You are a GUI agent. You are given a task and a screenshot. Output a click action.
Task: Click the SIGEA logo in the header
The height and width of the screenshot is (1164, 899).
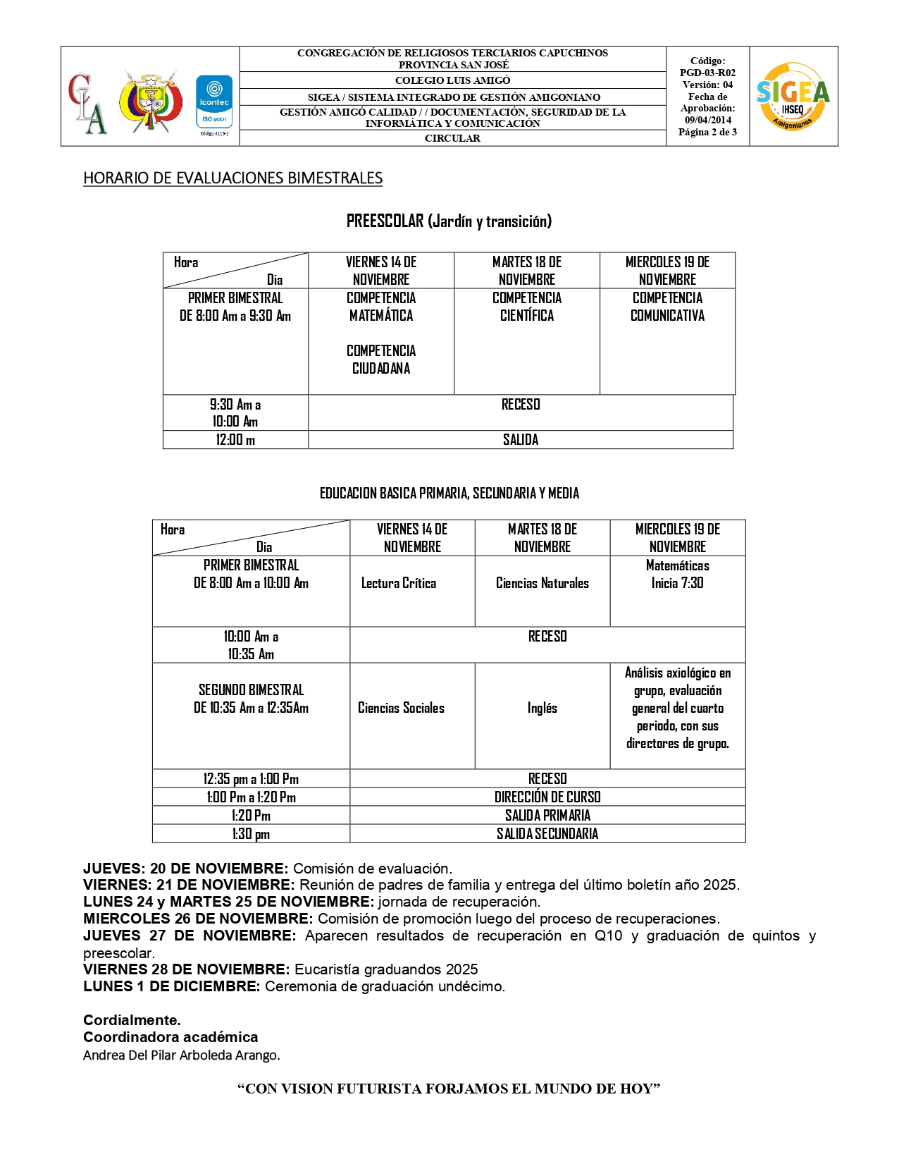coord(793,97)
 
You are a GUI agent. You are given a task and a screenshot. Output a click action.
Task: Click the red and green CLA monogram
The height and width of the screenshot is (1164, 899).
coord(87,103)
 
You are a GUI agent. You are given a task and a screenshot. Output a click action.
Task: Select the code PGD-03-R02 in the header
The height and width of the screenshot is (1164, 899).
coord(707,73)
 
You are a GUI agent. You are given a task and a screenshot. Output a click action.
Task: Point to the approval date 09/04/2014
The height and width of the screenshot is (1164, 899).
coord(707,120)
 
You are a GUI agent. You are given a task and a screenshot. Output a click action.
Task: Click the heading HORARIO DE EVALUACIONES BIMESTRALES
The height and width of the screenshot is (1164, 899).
coord(232,178)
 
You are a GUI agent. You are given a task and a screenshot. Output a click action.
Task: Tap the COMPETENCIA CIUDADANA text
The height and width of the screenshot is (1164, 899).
coord(381,360)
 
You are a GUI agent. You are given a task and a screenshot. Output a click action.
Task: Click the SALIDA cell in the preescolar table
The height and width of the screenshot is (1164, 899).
coord(521,440)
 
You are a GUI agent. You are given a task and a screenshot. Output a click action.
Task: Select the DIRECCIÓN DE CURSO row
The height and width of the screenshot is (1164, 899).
coord(547,797)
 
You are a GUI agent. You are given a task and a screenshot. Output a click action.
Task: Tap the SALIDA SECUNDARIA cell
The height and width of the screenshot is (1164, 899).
coord(547,834)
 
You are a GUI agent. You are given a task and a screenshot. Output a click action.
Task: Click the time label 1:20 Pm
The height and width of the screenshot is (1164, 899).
coord(251,816)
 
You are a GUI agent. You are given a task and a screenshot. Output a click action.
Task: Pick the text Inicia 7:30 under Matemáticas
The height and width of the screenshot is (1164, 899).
coord(677,583)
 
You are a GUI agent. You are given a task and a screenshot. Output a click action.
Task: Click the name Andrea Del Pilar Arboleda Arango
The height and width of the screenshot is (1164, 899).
coord(181,1055)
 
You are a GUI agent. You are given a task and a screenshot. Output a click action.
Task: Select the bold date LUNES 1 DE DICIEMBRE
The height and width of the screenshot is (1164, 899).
coord(172,986)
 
